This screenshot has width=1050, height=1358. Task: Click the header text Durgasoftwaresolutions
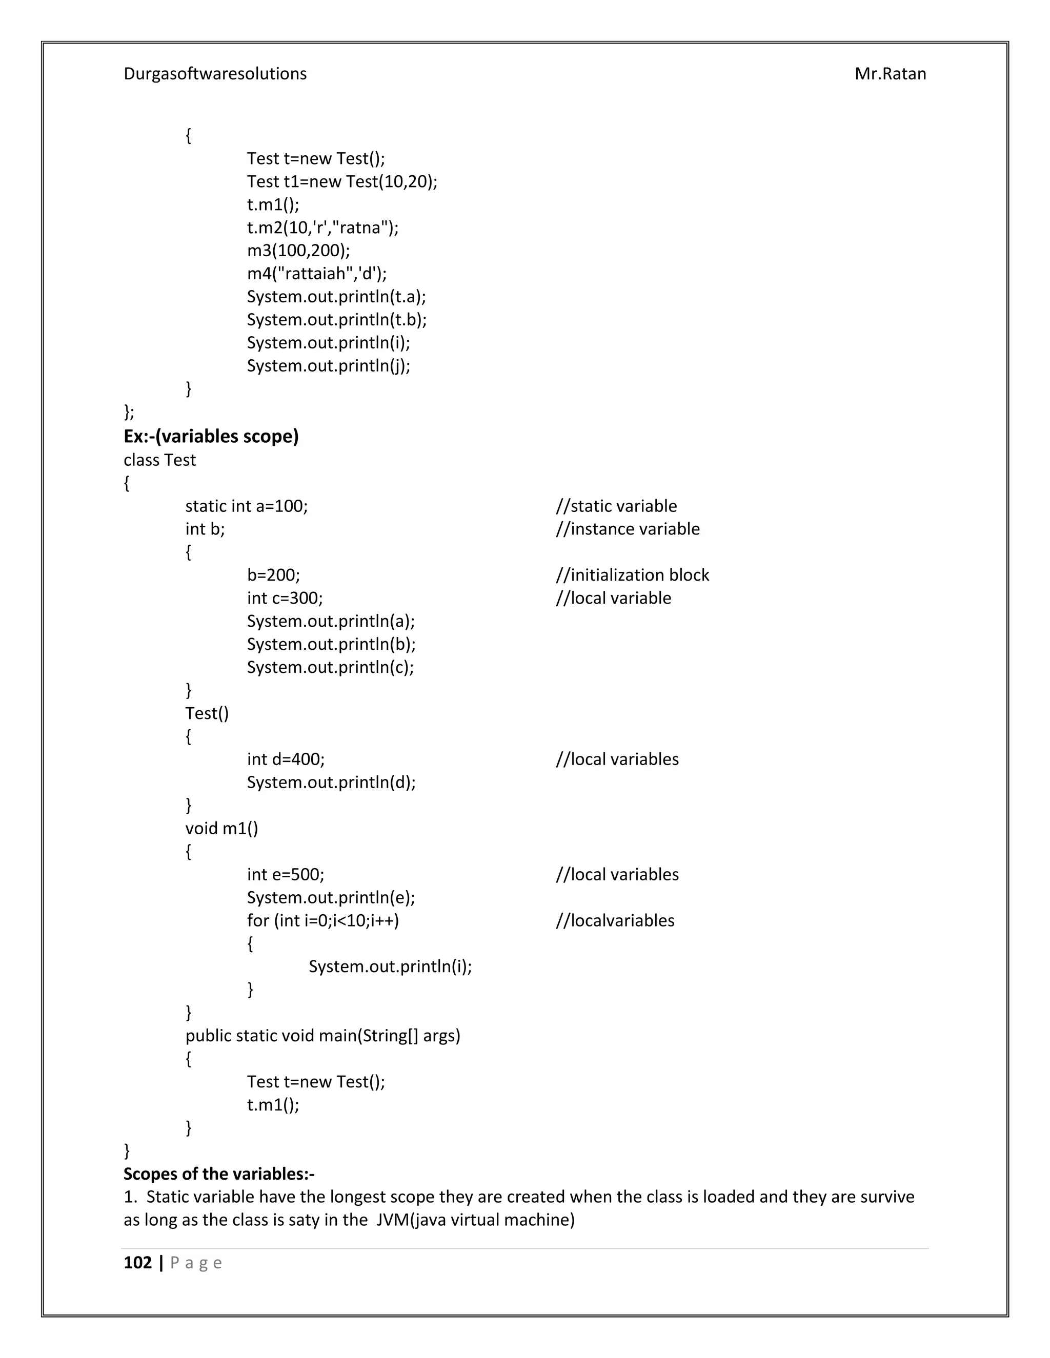215,74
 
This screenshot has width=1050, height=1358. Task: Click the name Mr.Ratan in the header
890,74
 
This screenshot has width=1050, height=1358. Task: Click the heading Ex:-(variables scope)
211,437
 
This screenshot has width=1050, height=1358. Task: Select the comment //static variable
616,506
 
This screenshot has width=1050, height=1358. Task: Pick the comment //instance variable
627,529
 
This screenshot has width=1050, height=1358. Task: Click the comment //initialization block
632,575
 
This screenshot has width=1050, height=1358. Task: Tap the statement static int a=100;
246,506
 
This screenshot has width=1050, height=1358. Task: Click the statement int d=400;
286,759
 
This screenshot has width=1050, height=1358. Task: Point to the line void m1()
221,828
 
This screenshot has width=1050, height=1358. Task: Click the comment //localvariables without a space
615,920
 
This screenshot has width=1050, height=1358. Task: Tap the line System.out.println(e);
330,897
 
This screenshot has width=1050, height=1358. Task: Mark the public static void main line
322,1035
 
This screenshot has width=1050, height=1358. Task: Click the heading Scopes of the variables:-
219,1174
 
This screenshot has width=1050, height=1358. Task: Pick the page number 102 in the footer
137,1263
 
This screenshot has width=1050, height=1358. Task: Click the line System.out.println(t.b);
336,320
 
